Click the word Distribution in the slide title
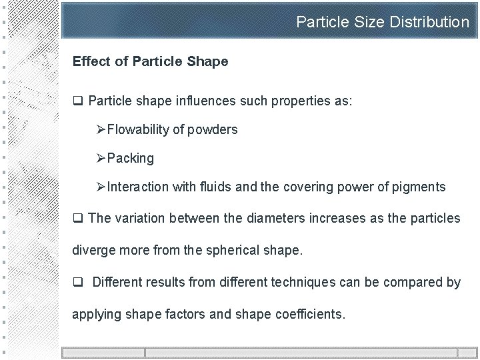click(429, 22)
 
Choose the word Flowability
click(139, 130)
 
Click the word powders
click(213, 130)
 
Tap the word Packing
click(130, 159)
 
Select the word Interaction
click(137, 187)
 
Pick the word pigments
click(418, 187)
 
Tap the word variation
click(139, 218)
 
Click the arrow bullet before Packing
click(101, 159)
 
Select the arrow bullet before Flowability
click(101, 130)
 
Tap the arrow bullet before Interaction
click(101, 187)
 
